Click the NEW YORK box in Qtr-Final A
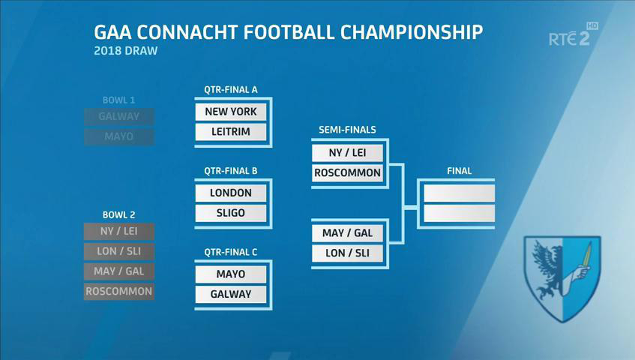231,112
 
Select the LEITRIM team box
231,132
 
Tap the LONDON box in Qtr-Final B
231,193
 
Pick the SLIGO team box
231,214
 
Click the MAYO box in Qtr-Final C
231,274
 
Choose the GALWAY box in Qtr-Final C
231,295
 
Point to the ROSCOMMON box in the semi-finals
347,173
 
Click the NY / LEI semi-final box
347,153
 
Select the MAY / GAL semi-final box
347,233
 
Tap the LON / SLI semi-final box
347,253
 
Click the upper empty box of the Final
460,193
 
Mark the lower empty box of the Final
460,214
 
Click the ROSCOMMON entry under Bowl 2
119,292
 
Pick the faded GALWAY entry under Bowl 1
119,117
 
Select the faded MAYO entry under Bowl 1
119,136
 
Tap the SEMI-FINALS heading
347,130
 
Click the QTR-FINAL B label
231,171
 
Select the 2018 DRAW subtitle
125,51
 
